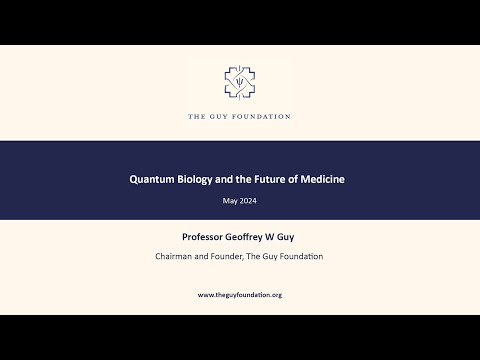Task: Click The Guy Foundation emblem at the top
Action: coord(240,83)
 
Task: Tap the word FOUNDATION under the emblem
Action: coord(262,117)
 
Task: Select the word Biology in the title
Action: coord(200,180)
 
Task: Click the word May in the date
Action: coord(229,201)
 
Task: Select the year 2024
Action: coord(248,201)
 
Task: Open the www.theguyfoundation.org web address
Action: coord(240,295)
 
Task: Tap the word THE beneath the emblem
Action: coord(197,117)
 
